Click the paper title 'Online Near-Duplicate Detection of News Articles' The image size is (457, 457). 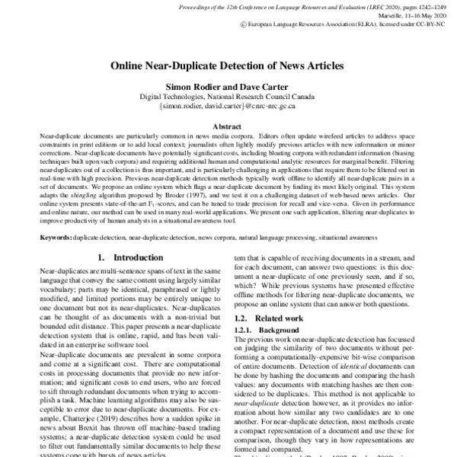(x=228, y=66)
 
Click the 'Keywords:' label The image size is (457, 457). (x=56, y=238)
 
